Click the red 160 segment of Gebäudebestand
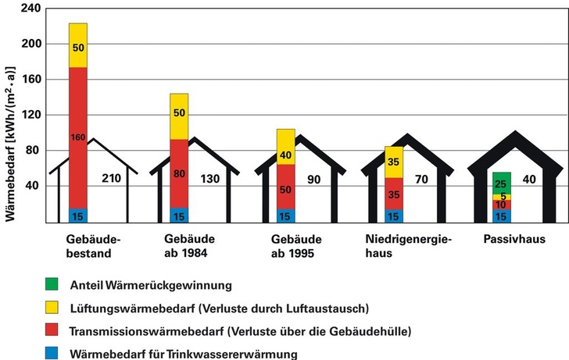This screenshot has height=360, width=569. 78,137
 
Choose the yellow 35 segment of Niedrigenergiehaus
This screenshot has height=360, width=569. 393,162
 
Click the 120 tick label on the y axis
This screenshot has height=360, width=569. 30,115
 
